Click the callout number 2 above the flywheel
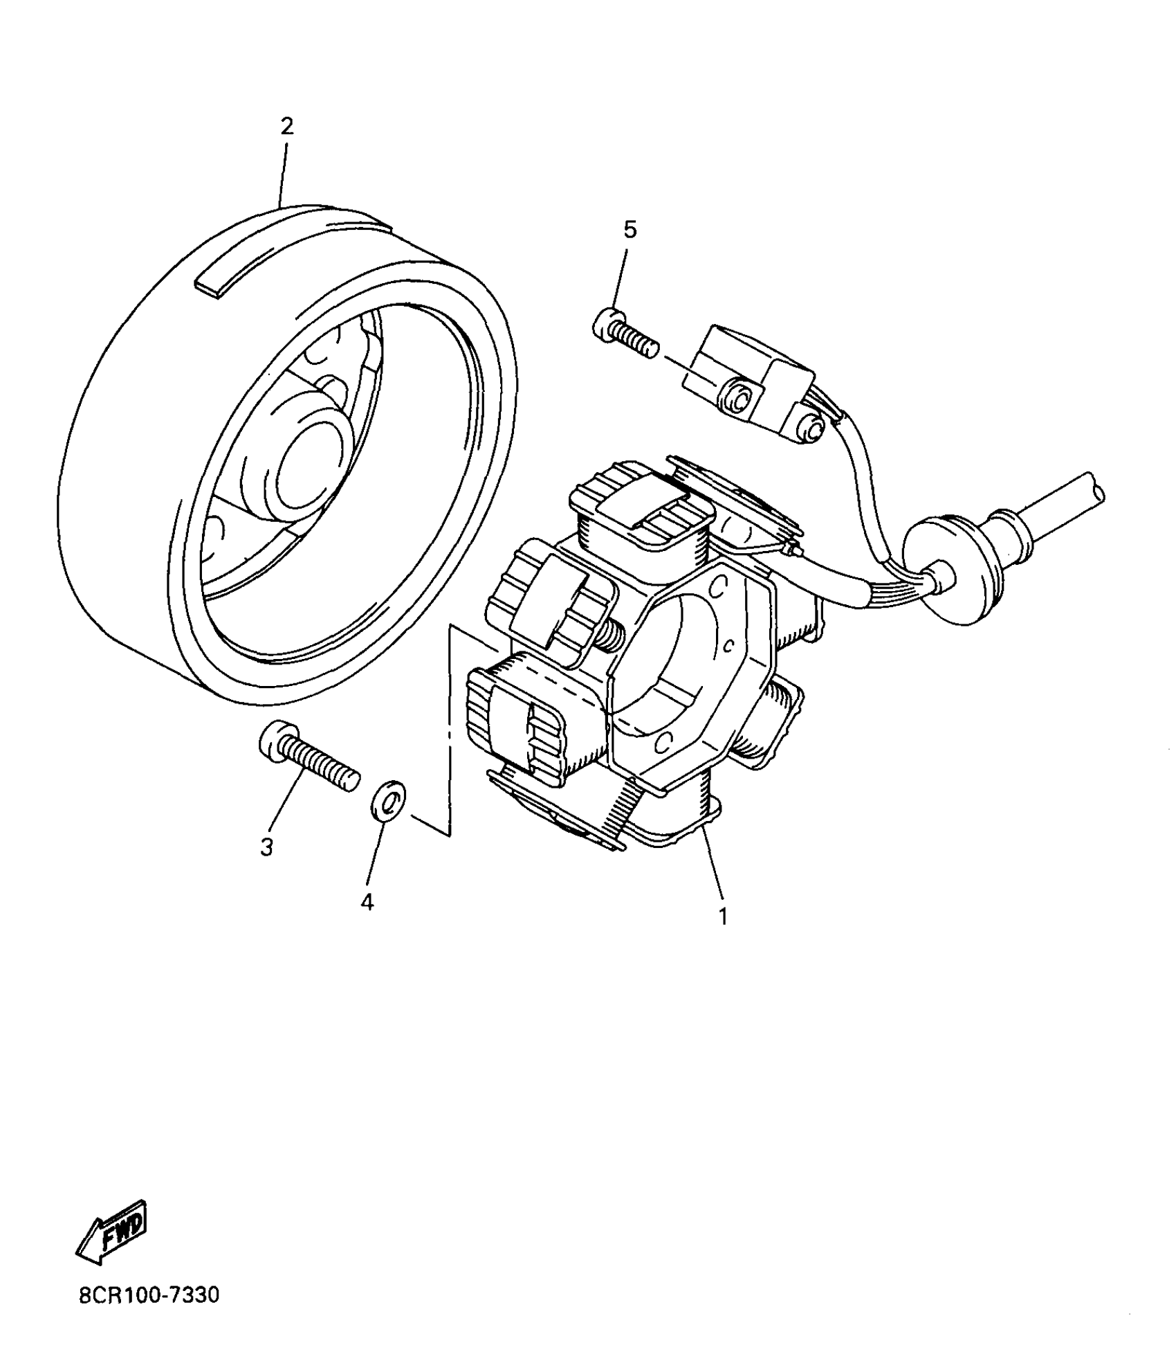(286, 126)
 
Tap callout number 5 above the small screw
(630, 230)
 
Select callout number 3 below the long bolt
(267, 847)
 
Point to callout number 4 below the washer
(367, 902)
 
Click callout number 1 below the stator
(723, 917)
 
